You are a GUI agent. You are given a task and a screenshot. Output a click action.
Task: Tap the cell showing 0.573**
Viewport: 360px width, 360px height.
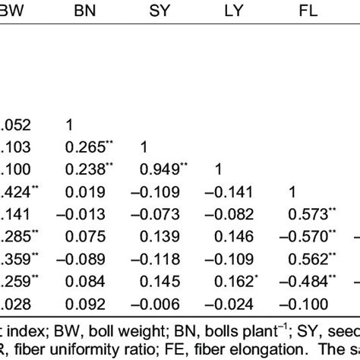tap(308, 210)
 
